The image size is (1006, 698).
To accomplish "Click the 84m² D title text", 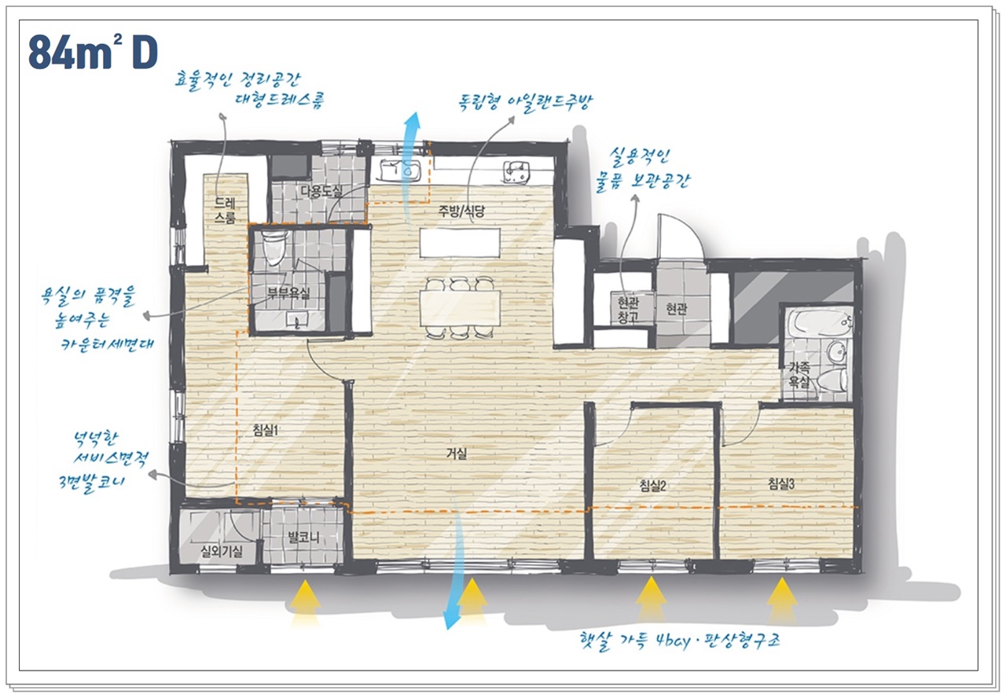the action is point(93,52).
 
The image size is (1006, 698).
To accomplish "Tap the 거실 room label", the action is point(457,454).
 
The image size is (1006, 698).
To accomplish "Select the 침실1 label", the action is point(266,430).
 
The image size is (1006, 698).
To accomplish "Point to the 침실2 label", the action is point(652,485).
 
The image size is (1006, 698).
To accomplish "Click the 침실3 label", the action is point(781,483).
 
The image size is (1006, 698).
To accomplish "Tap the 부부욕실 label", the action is point(288,293).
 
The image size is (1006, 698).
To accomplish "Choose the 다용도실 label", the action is point(321,191).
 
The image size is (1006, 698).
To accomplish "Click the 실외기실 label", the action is point(222,551).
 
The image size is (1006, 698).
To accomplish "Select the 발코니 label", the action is point(303,537).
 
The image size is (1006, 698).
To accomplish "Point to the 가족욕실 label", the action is point(799,375).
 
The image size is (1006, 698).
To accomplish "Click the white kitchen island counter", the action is point(460,243).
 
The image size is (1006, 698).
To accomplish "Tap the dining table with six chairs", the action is point(460,308).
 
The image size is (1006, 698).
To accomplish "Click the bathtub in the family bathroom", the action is point(821,321).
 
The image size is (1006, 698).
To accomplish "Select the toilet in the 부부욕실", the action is point(274,248).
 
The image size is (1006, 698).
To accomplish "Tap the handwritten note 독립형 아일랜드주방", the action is point(526,102).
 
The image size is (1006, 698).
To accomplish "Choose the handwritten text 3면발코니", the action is point(92,482).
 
